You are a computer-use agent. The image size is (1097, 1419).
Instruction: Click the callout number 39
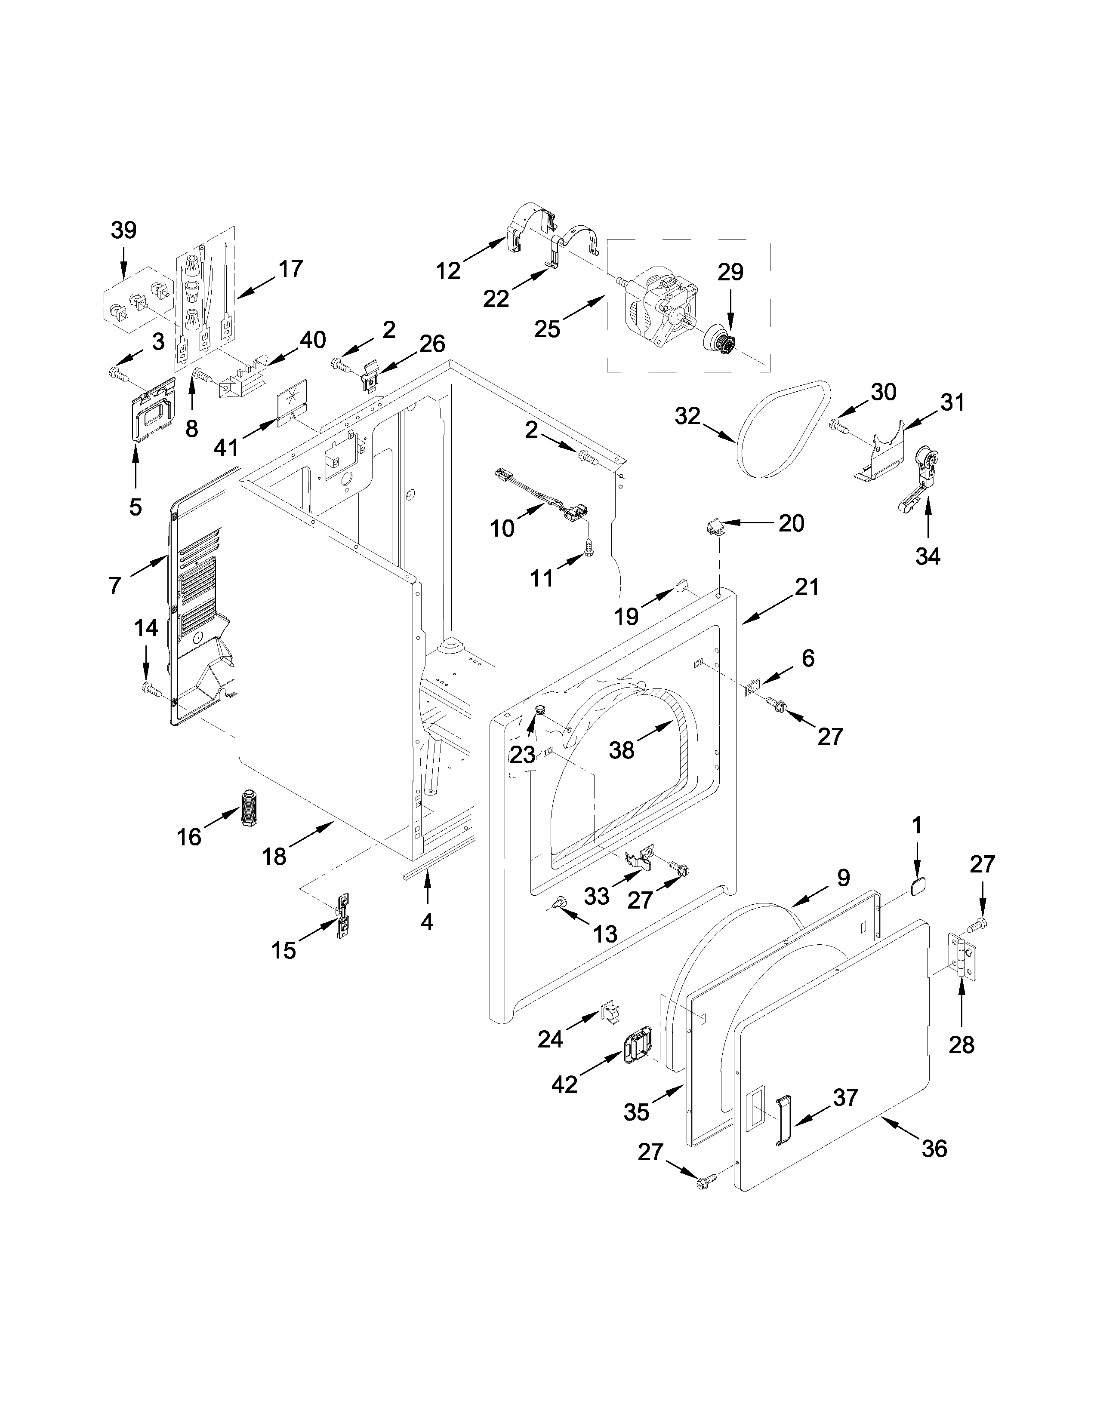pos(123,230)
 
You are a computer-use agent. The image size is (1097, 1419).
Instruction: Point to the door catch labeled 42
pos(638,1047)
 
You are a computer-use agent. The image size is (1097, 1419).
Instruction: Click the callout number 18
pos(274,856)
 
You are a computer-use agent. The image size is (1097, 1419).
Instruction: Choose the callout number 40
pos(313,340)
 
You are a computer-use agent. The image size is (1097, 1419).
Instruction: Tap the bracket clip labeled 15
pos(342,915)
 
